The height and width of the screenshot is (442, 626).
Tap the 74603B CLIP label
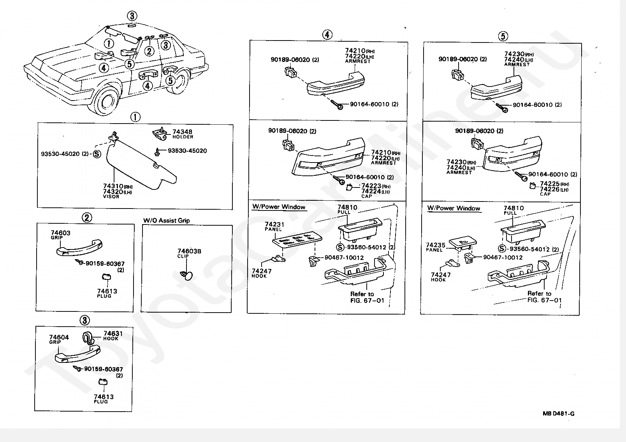coord(189,253)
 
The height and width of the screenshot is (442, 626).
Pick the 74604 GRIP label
coord(59,339)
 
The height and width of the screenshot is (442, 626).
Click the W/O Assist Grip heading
coord(167,221)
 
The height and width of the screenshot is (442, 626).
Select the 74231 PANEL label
coord(274,226)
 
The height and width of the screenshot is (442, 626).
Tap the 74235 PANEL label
coord(435,247)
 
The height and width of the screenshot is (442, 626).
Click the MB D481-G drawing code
coord(558,414)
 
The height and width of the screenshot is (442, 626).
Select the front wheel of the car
coord(106,101)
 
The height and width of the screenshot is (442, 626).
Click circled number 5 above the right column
coord(503,36)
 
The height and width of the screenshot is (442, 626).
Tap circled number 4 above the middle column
coord(327,35)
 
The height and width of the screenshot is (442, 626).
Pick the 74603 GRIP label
coord(60,235)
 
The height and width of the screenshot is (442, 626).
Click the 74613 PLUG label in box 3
coord(104,399)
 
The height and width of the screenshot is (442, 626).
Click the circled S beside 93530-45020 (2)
coord(97,154)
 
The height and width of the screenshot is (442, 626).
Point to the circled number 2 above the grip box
coord(87,217)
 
